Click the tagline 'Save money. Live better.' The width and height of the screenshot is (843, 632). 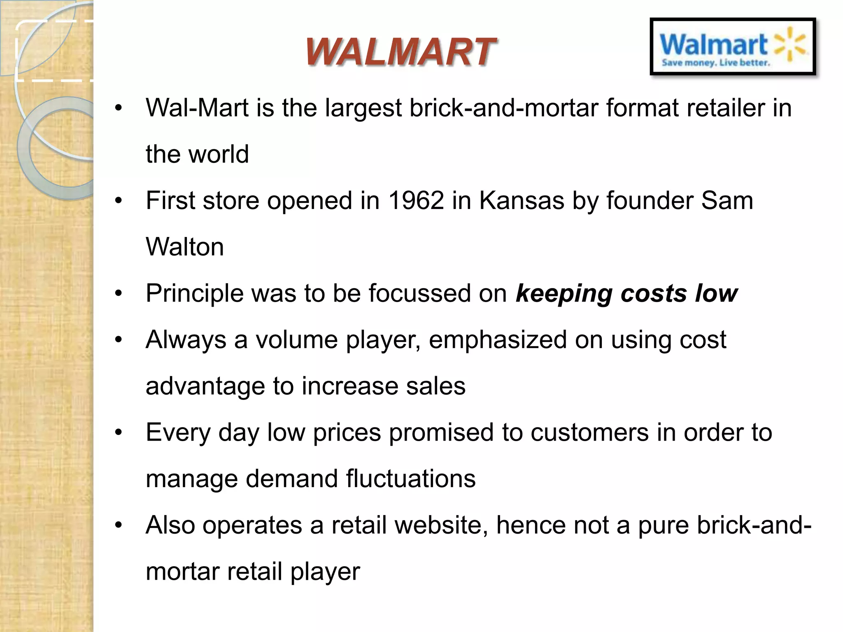coord(715,63)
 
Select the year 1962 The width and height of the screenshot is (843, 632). coord(416,201)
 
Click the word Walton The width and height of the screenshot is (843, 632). coord(185,247)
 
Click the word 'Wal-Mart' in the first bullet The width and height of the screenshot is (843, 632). coord(197,108)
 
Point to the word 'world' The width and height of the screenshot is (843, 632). coord(219,154)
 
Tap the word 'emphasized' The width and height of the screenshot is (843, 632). coord(498,340)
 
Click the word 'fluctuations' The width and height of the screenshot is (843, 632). coord(410,479)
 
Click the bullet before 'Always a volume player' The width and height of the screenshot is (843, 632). coord(119,340)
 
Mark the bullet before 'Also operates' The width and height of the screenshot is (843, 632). coord(119,525)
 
